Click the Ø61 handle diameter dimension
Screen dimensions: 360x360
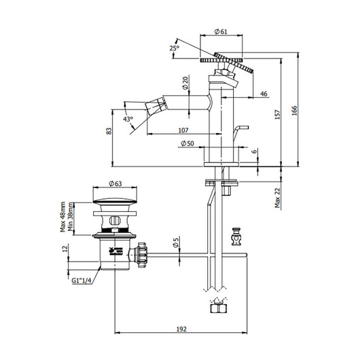pos(221,31)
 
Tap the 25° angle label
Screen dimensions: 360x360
pos(175,48)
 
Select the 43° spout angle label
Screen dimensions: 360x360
pos(128,119)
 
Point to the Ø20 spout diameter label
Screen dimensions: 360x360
pos(185,83)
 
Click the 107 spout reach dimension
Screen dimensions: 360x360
pos(183,130)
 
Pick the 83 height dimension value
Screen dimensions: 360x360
pos(109,131)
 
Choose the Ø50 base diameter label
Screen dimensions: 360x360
pos(187,143)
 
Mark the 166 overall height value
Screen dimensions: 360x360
pos(294,111)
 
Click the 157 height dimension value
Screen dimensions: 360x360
pos(277,115)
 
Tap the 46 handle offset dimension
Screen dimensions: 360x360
pos(264,94)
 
